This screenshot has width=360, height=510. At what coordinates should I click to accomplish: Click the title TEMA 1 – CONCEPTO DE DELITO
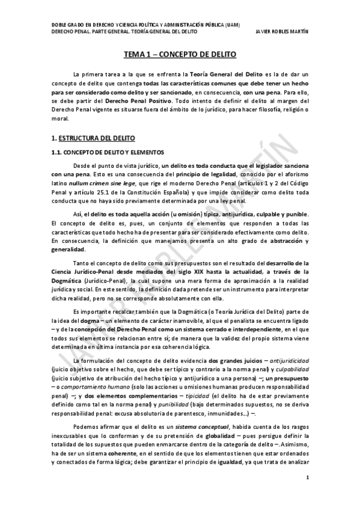coord(180,54)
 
